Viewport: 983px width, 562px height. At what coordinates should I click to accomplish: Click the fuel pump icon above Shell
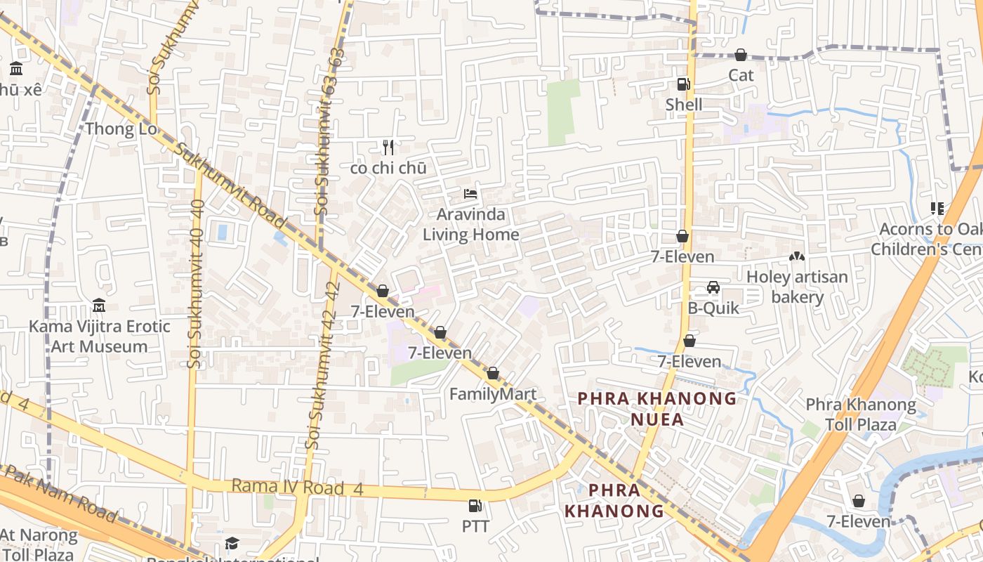click(x=683, y=84)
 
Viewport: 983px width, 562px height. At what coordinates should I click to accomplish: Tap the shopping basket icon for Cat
click(x=741, y=55)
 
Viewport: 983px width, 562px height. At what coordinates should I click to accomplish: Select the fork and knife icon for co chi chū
click(x=388, y=148)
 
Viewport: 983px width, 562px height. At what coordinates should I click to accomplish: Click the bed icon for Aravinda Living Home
click(x=470, y=193)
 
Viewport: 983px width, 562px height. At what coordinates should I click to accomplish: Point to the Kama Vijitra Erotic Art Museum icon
click(x=99, y=306)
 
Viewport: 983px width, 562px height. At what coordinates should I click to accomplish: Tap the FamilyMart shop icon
click(x=493, y=374)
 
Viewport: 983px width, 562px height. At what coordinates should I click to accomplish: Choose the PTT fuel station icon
click(x=475, y=506)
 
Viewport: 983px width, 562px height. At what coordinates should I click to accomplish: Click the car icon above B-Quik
click(x=713, y=287)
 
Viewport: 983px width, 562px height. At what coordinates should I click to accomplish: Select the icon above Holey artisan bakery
click(x=797, y=256)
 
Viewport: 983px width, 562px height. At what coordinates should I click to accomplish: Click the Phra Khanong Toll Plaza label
click(x=860, y=414)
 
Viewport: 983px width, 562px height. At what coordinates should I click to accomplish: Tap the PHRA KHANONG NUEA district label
click(x=657, y=409)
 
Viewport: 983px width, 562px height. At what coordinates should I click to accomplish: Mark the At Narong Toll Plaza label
click(x=38, y=544)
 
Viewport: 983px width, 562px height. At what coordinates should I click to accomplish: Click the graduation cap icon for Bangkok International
click(x=232, y=543)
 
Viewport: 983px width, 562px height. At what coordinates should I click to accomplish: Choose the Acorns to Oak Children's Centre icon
click(x=937, y=209)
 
